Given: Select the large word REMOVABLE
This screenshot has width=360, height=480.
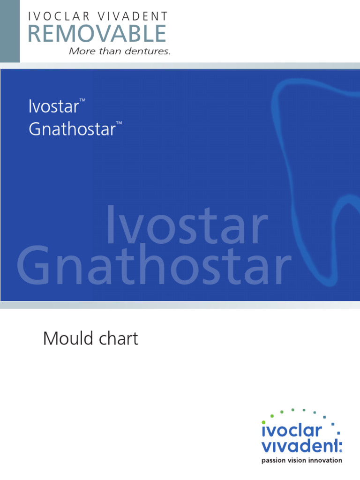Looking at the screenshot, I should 97,34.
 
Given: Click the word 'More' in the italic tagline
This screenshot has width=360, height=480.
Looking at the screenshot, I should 81,52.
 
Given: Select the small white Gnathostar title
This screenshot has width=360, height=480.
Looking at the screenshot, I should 72,129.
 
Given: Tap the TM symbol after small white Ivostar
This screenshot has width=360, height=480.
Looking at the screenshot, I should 82,100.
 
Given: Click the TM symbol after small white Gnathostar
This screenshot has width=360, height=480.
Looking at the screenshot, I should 119,123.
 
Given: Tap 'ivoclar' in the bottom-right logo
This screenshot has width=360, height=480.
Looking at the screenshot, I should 291,430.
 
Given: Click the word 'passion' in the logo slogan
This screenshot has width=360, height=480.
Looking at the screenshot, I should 272,460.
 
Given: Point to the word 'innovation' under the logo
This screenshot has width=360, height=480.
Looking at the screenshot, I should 327,460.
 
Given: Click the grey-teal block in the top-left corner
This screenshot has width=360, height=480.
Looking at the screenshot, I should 10,31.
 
